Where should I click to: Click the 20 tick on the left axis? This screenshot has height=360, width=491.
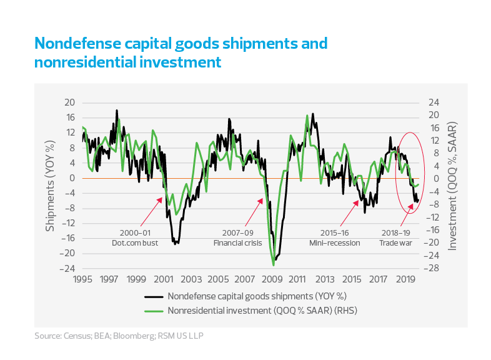pyautogui.click(x=70, y=102)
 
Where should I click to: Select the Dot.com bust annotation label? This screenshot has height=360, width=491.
pyautogui.click(x=135, y=243)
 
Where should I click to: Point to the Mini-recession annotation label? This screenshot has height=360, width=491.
pyautogui.click(x=334, y=243)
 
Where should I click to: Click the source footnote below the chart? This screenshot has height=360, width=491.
pyautogui.click(x=119, y=336)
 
